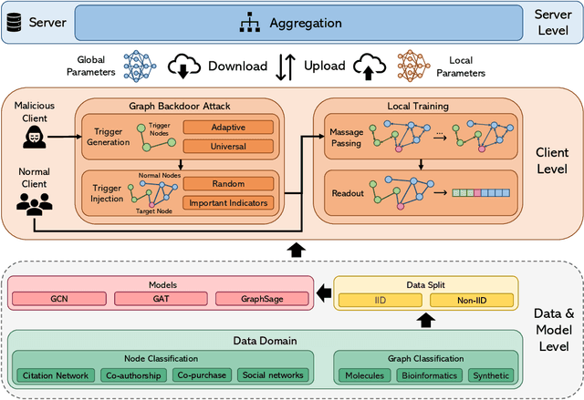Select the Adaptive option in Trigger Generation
click(228, 127)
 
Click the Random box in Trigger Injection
click(228, 183)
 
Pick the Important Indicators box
click(228, 201)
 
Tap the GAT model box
click(161, 299)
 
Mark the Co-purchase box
click(202, 375)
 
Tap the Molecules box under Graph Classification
click(363, 375)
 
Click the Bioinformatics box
click(429, 375)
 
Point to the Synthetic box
click(490, 375)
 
